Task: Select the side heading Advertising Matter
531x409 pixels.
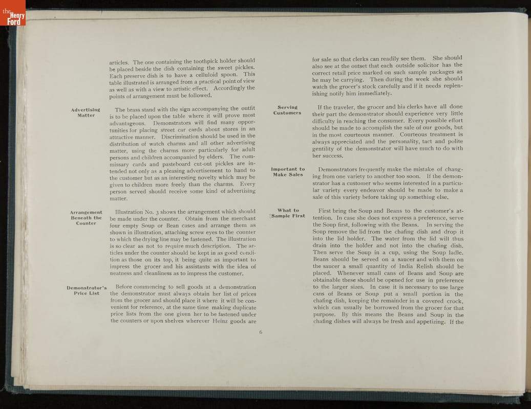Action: click(86, 112)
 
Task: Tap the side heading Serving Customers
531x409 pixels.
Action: click(287, 110)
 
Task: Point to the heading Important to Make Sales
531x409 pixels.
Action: click(287, 172)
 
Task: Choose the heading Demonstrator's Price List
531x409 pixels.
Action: click(87, 290)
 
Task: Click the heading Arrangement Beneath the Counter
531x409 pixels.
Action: click(86, 218)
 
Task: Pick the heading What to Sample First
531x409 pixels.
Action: click(287, 213)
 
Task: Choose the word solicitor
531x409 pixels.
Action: click(424, 65)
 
